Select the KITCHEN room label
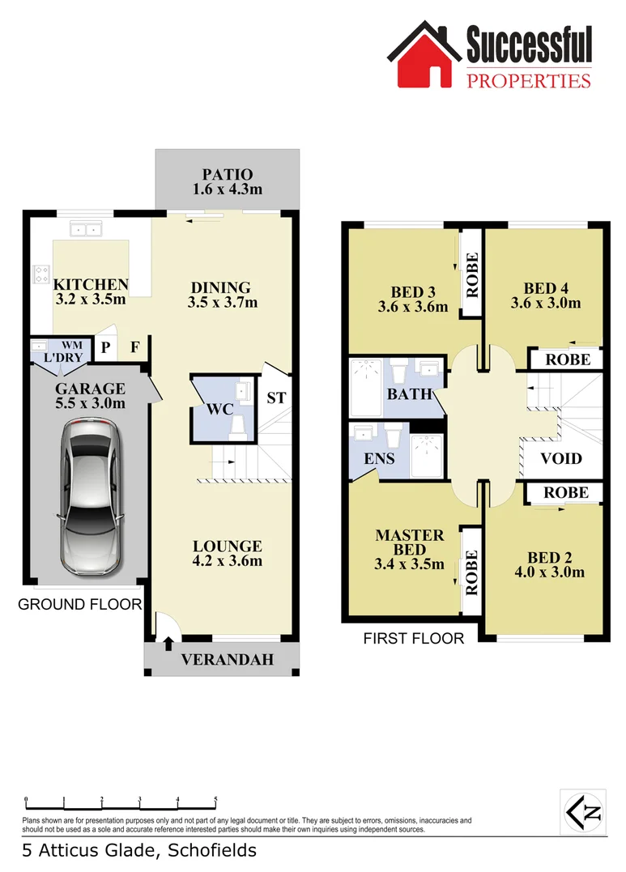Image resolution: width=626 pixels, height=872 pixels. pyautogui.click(x=91, y=285)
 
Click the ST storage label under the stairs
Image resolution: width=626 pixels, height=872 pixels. pyautogui.click(x=276, y=398)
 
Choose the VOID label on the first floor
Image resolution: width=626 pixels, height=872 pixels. pyautogui.click(x=561, y=458)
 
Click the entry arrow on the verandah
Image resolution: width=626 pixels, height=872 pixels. pyautogui.click(x=168, y=644)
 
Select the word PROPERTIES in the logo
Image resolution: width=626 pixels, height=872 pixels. pyautogui.click(x=529, y=79)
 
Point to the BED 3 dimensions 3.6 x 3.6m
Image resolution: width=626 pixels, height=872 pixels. pyautogui.click(x=412, y=307)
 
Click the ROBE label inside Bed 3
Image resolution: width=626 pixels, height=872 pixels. pyautogui.click(x=472, y=275)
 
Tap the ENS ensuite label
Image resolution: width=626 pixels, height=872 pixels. pyautogui.click(x=380, y=458)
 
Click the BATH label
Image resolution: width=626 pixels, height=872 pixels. pyautogui.click(x=403, y=395)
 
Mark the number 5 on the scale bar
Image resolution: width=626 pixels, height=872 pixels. pyautogui.click(x=215, y=799)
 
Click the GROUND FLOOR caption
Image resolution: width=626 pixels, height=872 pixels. pyautogui.click(x=79, y=604)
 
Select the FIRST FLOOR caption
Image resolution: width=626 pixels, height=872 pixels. pyautogui.click(x=414, y=639)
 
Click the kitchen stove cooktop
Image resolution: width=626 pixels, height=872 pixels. pyautogui.click(x=40, y=275)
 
